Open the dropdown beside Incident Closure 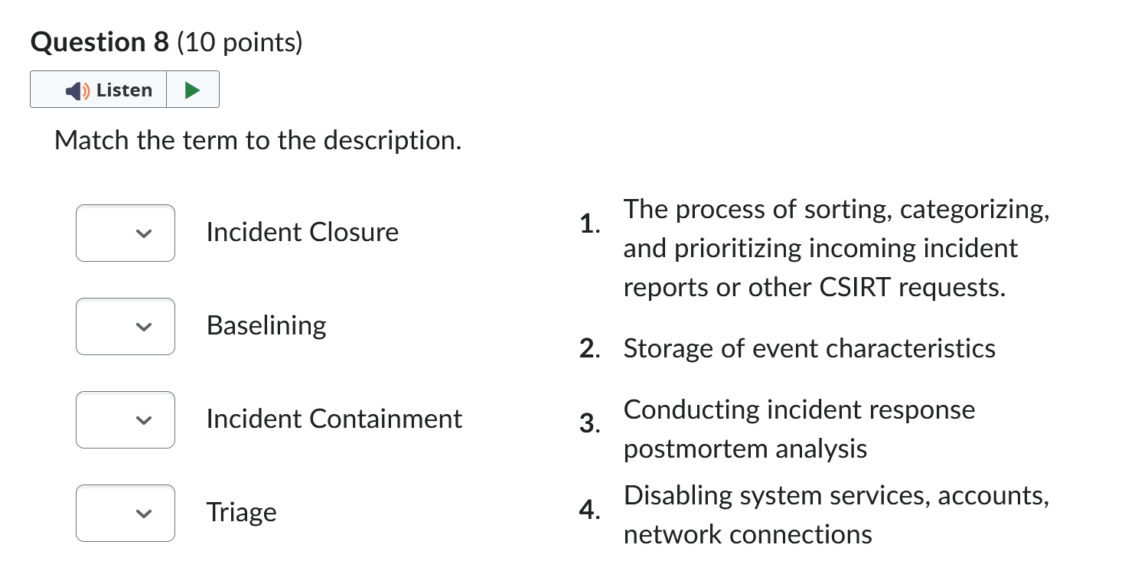point(126,233)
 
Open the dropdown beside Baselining point(126,326)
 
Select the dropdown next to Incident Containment point(126,419)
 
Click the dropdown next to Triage point(126,513)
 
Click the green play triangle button point(192,90)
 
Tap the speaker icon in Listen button point(77,91)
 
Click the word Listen point(124,90)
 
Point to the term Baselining point(266,326)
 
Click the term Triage point(242,513)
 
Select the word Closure point(354,232)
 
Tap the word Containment point(385,419)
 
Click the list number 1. point(589,223)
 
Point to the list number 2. point(589,348)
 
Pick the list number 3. point(589,423)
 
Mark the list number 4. point(589,509)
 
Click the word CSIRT point(855,288)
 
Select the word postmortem point(695,449)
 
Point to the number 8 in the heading point(161,41)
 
